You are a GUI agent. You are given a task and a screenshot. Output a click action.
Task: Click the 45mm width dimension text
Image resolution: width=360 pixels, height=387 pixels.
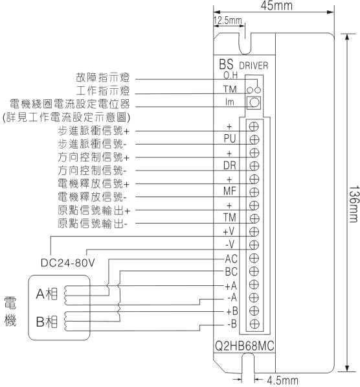[x=276, y=5]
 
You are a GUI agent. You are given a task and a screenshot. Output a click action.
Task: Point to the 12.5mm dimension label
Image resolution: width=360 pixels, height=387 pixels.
[x=227, y=20]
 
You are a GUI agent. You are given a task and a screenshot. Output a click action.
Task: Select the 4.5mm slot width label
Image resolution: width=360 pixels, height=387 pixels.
[x=282, y=381]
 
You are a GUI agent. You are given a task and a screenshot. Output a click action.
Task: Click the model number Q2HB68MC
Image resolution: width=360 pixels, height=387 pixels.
[x=245, y=346]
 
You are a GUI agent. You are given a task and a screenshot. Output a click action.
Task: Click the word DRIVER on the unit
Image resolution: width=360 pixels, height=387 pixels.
[x=254, y=65]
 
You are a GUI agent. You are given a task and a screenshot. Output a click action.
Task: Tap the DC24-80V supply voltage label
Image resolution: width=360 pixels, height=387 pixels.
[x=68, y=263]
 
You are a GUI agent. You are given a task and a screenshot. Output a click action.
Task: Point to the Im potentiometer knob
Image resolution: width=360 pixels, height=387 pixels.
[x=254, y=102]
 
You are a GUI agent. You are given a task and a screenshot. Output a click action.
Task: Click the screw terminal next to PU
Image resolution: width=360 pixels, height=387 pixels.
[x=254, y=139]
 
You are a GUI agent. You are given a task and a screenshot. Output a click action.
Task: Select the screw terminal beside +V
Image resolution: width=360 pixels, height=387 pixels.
[x=254, y=232]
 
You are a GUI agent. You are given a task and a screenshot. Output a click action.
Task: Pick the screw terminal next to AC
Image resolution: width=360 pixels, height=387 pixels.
[x=254, y=258]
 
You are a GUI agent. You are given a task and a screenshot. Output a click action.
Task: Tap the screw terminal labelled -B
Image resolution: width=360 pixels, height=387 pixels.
[x=254, y=323]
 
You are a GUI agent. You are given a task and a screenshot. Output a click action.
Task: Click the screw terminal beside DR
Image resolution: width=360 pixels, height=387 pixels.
[x=254, y=166]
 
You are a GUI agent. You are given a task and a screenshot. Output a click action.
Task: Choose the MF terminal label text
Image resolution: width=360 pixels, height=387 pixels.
[x=230, y=191]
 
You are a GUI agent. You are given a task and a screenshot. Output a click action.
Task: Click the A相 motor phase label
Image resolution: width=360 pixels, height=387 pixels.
[x=47, y=294]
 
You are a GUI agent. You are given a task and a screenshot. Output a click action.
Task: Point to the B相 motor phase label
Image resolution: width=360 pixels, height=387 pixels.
[x=47, y=322]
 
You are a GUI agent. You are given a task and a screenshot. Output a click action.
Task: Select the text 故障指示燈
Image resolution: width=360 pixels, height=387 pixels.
[x=102, y=77]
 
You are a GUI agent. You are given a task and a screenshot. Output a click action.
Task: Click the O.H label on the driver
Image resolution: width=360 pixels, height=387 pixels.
[x=231, y=75]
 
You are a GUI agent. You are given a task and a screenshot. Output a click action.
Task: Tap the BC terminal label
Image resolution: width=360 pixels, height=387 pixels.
[x=231, y=272]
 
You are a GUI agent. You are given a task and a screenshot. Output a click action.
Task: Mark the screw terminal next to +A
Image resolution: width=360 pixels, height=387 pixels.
[x=254, y=285]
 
